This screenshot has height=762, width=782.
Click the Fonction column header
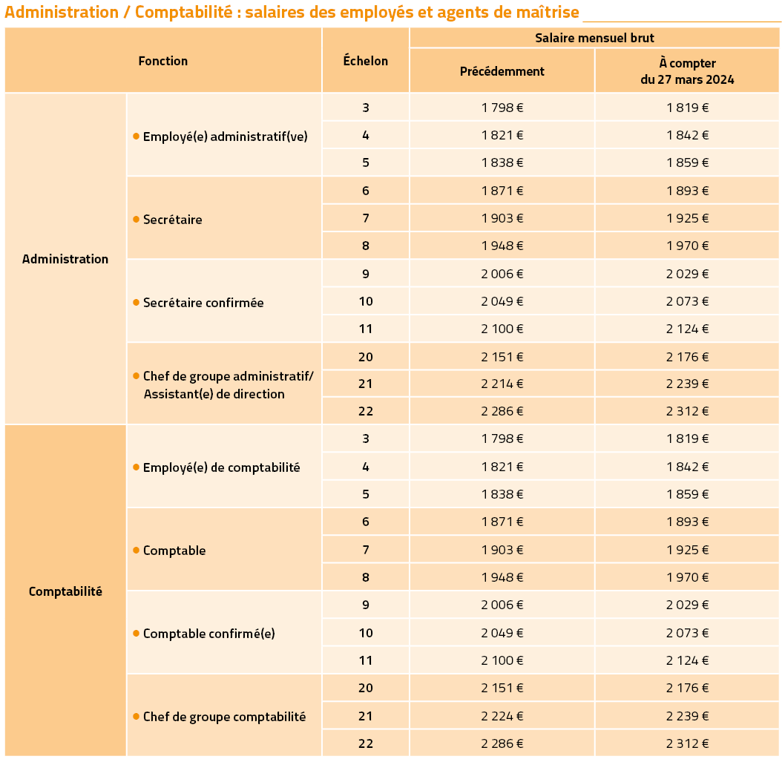[x=163, y=61]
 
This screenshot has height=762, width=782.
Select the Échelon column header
[x=366, y=60]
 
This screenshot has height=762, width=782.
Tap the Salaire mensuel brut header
[x=594, y=38]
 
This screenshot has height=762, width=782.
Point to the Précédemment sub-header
[x=502, y=71]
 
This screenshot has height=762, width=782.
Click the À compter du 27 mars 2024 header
[x=687, y=71]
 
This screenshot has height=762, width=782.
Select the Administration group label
[x=65, y=259]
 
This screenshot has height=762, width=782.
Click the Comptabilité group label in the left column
[x=65, y=591]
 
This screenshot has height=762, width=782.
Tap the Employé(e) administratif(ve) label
[x=226, y=136]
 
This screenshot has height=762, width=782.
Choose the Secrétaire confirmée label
[x=203, y=303]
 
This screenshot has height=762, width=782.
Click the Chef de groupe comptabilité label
[x=224, y=717]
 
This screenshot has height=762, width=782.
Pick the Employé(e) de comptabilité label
[x=221, y=467]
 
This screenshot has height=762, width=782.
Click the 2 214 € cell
[x=502, y=384]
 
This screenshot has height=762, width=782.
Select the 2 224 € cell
[x=502, y=716]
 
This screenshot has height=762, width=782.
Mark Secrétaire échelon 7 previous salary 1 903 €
[x=502, y=218]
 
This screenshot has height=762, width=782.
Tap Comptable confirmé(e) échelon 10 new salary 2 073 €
[x=687, y=633]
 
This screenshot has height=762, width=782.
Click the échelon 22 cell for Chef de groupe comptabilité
[x=366, y=743]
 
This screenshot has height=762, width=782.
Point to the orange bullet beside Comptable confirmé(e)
[x=137, y=634]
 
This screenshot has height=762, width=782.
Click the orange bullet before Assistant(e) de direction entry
[x=137, y=375]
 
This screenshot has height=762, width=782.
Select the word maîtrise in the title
[x=548, y=11]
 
